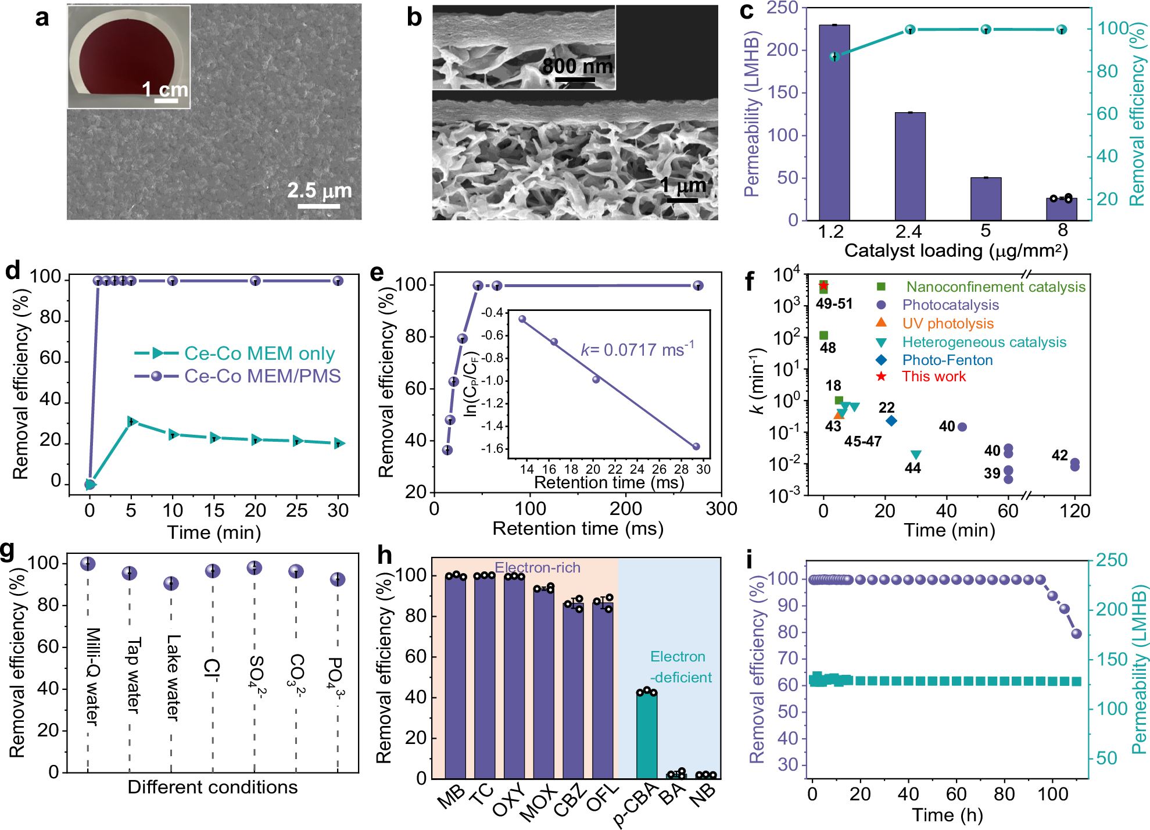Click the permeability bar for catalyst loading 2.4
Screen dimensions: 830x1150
coord(910,166)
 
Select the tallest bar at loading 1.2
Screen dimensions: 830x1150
coord(834,122)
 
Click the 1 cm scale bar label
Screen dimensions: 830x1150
coord(165,90)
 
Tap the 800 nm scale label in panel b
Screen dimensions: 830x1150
coord(577,66)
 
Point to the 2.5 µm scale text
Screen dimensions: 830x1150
coord(319,190)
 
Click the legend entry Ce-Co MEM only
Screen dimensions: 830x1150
coord(259,353)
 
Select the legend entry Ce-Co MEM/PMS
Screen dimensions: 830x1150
coord(262,376)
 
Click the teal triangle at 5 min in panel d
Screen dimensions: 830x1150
coord(132,421)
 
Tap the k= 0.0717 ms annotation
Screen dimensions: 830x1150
coord(637,349)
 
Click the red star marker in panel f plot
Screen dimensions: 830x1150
coord(823,285)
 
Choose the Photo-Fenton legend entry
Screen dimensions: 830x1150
coord(947,360)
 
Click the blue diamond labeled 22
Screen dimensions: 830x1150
coord(891,420)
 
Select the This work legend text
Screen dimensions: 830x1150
coord(934,377)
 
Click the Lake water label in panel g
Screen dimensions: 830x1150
coord(173,677)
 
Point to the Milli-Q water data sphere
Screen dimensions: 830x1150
coord(88,563)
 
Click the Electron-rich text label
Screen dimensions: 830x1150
coord(537,567)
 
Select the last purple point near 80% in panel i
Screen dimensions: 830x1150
coord(1076,634)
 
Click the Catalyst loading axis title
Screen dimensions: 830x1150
coord(956,251)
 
